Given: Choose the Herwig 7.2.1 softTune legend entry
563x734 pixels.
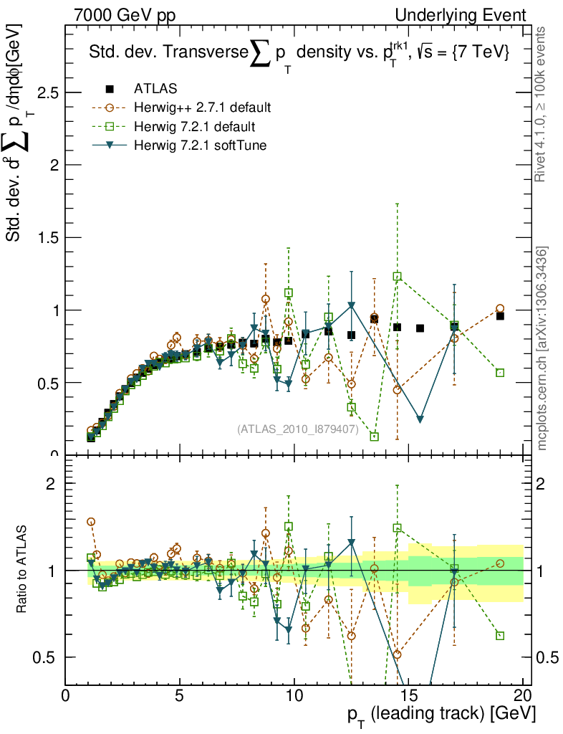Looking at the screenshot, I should pyautogui.click(x=201, y=146).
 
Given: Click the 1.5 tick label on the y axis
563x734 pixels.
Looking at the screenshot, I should pyautogui.click(x=43, y=238).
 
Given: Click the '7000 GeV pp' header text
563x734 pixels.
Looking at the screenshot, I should pyautogui.click(x=129, y=15).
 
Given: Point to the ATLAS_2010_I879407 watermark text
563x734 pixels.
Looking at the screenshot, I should pyautogui.click(x=297, y=429).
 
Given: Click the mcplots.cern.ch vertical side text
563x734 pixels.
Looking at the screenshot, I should pyautogui.click(x=544, y=349).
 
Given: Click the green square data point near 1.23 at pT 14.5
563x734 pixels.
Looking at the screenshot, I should pyautogui.click(x=398, y=276).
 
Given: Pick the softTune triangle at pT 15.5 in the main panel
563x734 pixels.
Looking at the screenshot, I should pyautogui.click(x=420, y=419).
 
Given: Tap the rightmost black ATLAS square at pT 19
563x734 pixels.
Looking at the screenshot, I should pyautogui.click(x=500, y=316).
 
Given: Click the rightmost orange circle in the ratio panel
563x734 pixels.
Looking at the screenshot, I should pyautogui.click(x=500, y=563).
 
